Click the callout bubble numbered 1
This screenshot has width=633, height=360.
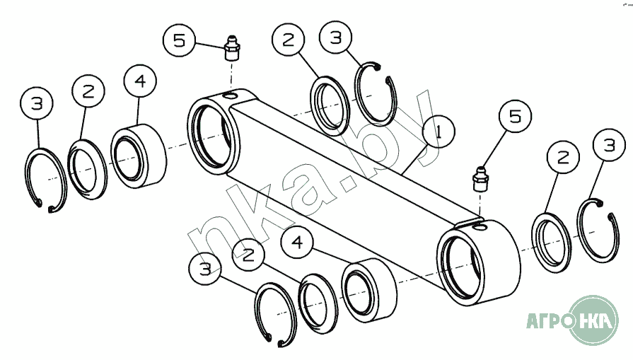click(439, 132)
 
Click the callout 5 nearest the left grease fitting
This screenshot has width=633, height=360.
click(179, 40)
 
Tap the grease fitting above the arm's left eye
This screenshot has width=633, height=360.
click(232, 48)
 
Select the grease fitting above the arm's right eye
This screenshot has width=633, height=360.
click(480, 178)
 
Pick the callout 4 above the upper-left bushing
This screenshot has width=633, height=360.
click(140, 81)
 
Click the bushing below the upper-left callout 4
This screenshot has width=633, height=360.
click(139, 156)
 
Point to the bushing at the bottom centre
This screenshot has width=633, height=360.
click(369, 290)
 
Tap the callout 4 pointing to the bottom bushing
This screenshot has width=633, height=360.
click(298, 242)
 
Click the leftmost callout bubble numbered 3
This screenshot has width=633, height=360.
click(37, 103)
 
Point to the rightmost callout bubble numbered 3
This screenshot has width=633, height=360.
click(609, 144)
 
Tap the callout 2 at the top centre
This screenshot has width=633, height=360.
click(289, 40)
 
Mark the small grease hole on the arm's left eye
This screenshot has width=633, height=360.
click(231, 95)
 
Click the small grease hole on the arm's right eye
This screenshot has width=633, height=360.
click(480, 227)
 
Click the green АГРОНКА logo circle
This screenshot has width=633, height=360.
click(593, 320)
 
